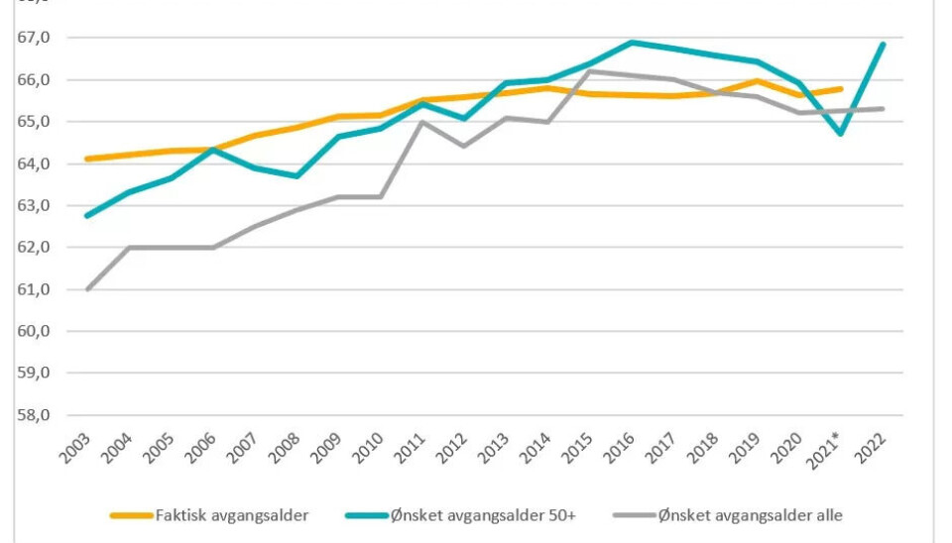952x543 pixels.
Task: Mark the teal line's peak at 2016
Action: coord(631,43)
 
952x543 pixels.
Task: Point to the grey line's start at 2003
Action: coord(88,289)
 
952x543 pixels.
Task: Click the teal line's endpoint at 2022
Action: coord(882,45)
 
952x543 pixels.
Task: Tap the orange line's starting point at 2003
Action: coord(88,159)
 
